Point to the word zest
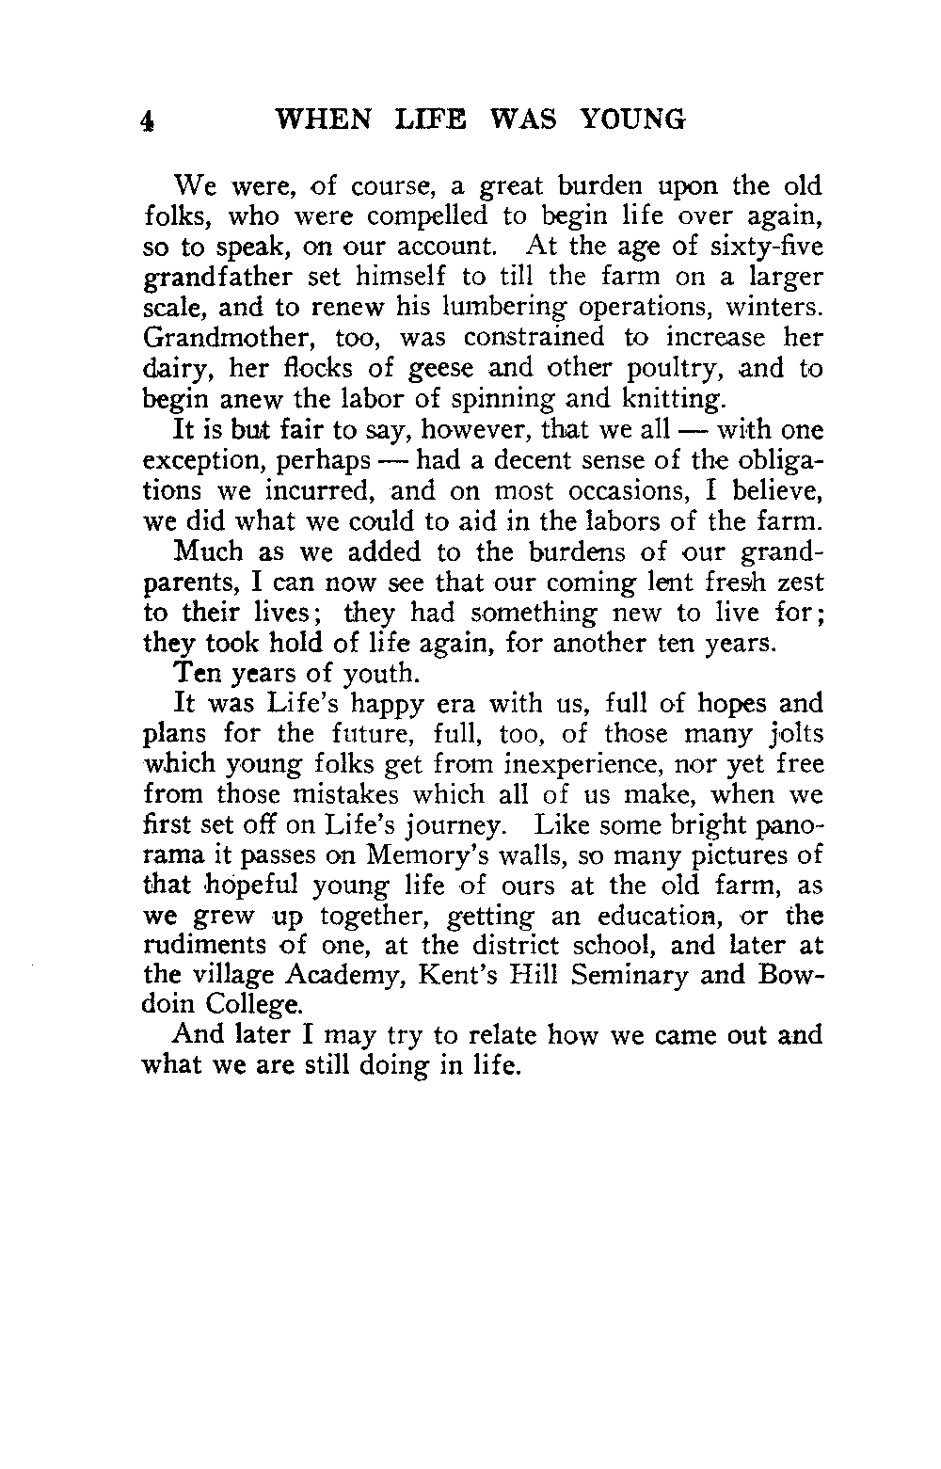(x=803, y=583)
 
